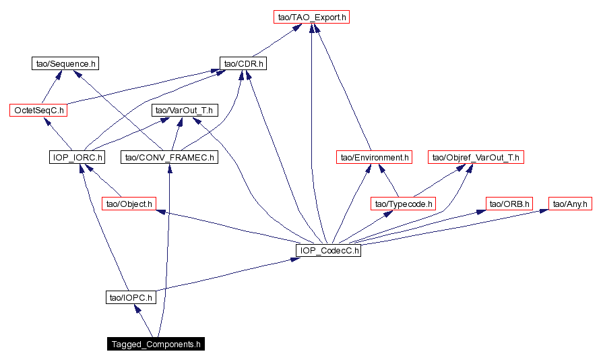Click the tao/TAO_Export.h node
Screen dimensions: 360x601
click(x=311, y=18)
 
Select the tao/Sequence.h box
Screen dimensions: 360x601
click(x=65, y=64)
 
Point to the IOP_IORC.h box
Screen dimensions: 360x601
click(x=77, y=157)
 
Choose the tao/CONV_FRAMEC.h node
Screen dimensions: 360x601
click(x=169, y=157)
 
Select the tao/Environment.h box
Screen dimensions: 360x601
click(x=373, y=157)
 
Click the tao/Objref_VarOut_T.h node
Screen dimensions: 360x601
click(x=476, y=157)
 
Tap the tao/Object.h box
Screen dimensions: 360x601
click(x=129, y=203)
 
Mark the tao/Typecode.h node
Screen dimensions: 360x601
click(x=404, y=203)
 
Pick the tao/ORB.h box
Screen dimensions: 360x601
click(x=509, y=203)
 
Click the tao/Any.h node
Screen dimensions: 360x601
click(x=570, y=203)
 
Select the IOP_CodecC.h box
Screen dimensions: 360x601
click(x=328, y=250)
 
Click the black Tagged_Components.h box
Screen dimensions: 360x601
click(x=156, y=344)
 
